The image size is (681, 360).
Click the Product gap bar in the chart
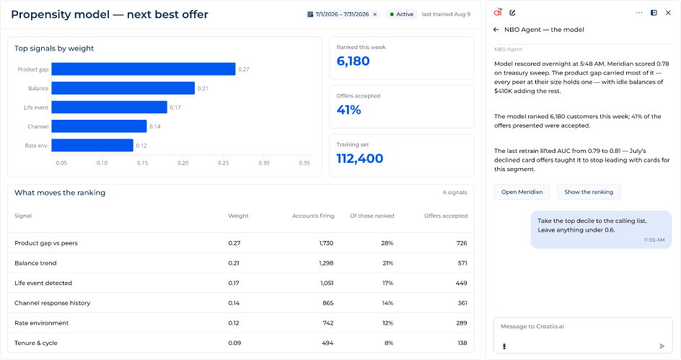coord(144,69)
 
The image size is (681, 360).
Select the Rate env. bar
coord(92,146)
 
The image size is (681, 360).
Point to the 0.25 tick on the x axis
coord(223,163)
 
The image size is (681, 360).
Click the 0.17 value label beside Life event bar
coord(175,107)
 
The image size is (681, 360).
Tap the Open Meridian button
coord(522,192)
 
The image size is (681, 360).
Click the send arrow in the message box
coord(662,346)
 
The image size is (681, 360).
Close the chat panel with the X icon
coord(668,13)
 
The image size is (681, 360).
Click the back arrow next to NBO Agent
coord(496,30)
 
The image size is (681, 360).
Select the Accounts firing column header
coord(313,216)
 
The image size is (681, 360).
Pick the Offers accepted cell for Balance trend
coord(462,263)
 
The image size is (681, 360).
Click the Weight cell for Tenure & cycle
coord(234,343)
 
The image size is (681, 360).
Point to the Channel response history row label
coord(52,303)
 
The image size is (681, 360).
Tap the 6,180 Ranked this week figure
coord(353,61)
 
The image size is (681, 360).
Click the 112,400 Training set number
coord(359,159)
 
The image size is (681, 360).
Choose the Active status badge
coord(401,14)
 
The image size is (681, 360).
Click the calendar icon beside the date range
coord(310,14)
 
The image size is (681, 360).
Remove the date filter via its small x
coord(375,14)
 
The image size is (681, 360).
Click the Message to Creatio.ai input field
coord(583,335)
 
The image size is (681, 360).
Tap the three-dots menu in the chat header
coord(639,13)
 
